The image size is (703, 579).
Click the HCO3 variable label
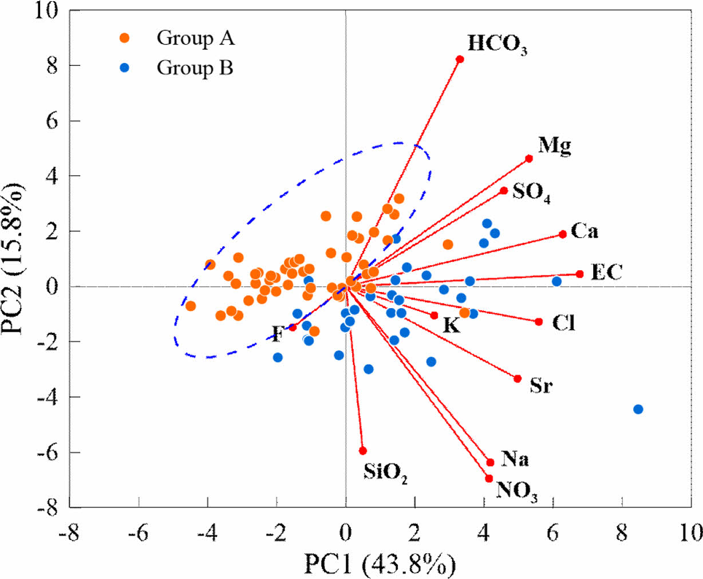pos(497,45)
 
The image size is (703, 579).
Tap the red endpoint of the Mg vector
pos(529,159)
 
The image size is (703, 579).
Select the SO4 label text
pos(531,192)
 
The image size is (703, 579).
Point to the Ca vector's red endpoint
pos(563,234)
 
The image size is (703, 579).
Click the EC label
pos(606,272)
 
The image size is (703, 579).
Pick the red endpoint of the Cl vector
pos(539,322)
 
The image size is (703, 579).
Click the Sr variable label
pos(541,385)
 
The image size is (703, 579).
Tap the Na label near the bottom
pos(515,459)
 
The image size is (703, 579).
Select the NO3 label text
pos(517,491)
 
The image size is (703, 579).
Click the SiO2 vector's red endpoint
pos(362,451)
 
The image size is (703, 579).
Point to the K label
pos(452,325)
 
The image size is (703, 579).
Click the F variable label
pos(278,333)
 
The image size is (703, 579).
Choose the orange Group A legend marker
pos(125,38)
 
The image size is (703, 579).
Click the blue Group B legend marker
pos(125,68)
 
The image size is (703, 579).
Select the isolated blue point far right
pos(638,409)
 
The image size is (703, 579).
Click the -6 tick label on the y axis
pos(48,452)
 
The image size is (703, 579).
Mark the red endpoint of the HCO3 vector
pos(460,59)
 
